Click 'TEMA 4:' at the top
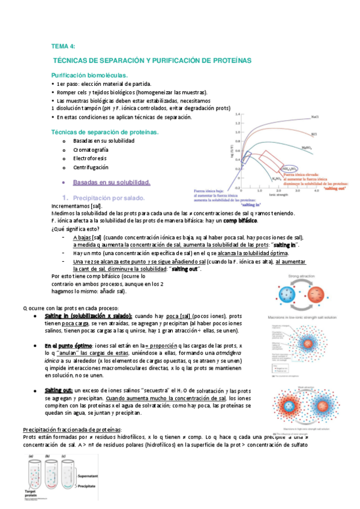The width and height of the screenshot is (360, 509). (63, 46)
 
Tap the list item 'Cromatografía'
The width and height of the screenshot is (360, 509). (91, 149)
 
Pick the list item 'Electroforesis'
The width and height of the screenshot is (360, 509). (91, 158)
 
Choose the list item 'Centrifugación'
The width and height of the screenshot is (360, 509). (91, 167)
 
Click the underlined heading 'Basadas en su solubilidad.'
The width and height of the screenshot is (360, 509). (111, 181)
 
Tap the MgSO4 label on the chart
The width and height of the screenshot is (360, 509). (307, 145)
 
